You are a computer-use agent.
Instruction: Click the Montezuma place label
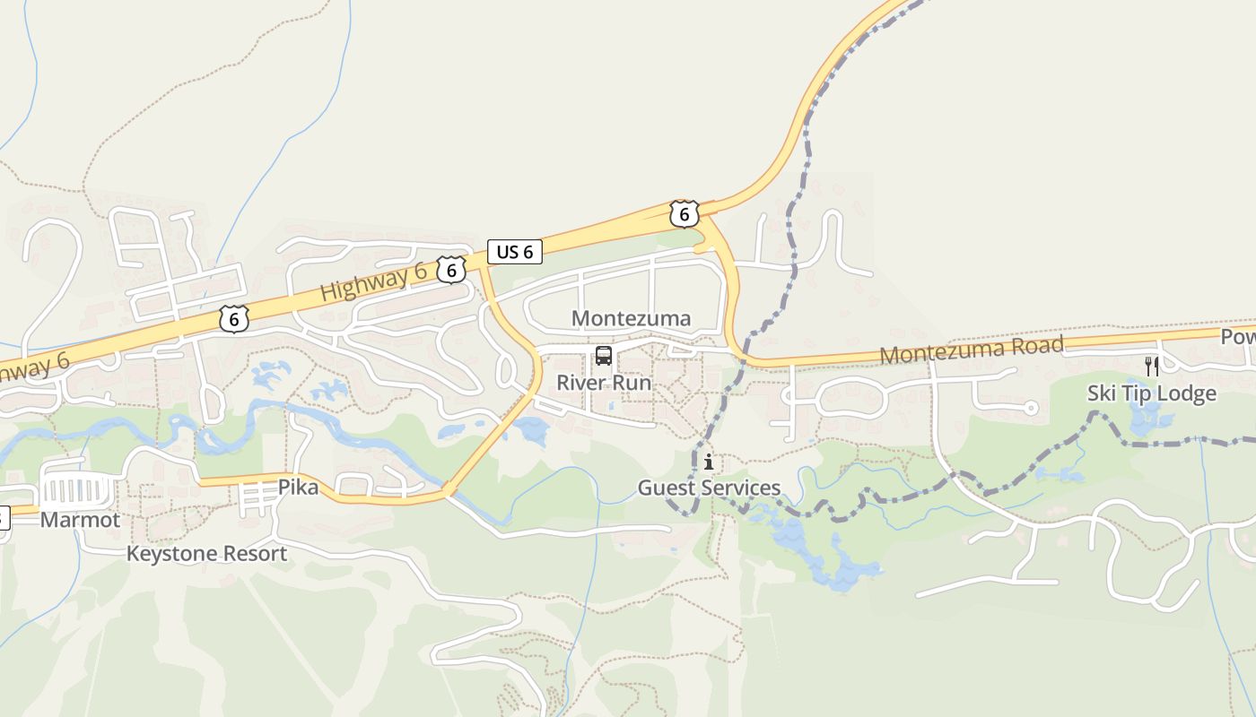coord(631,318)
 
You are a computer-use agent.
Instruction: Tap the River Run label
coord(604,383)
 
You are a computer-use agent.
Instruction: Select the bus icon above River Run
coord(604,356)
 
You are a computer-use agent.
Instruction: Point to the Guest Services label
coord(709,488)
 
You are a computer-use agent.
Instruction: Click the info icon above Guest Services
coord(709,462)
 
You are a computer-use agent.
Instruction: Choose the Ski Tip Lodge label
coord(1152,393)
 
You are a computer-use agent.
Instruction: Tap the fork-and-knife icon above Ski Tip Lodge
coord(1152,366)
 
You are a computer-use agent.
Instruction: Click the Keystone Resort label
coord(206,554)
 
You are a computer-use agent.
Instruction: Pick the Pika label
coord(298,488)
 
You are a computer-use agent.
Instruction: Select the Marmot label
coord(80,520)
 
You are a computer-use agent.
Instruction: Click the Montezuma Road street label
coord(972,350)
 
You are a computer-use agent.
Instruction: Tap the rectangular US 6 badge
coord(515,252)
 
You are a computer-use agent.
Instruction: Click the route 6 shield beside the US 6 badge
coord(451,269)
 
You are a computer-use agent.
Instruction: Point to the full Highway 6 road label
coord(373,284)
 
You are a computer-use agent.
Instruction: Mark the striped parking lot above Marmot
coord(78,491)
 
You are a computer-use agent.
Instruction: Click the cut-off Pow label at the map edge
coord(1238,336)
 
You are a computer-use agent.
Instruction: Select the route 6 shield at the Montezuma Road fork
coord(684,214)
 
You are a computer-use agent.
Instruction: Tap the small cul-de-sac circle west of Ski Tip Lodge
coord(1031,409)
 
